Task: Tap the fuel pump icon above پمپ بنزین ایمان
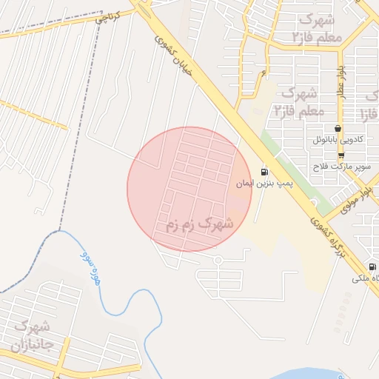(265, 172)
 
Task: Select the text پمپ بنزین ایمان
(265, 183)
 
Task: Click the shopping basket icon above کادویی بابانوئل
(338, 128)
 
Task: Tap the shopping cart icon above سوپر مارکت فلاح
(341, 155)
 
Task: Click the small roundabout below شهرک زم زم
(218, 260)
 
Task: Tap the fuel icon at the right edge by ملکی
(372, 266)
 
